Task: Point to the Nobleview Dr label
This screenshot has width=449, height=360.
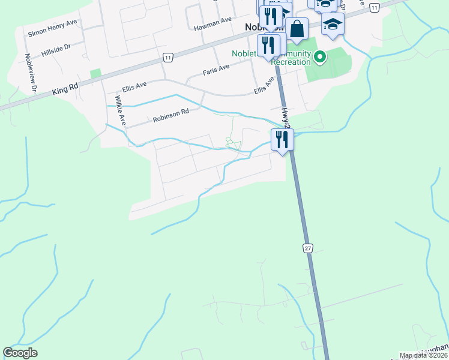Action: point(31,73)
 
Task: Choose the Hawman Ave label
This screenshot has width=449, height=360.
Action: point(212,20)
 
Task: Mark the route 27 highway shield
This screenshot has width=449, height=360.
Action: point(308,248)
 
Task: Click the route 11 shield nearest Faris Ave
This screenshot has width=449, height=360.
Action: point(167,57)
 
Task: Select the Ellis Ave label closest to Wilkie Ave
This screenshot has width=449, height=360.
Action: point(134,87)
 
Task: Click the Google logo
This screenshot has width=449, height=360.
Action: point(20,353)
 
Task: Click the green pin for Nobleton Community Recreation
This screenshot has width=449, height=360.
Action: point(320,58)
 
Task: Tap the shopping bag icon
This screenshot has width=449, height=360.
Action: point(297,28)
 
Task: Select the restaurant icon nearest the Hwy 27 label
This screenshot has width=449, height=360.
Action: point(282,139)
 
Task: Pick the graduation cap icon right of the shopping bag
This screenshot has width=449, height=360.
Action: point(332,25)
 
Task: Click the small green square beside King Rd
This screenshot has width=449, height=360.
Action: point(95,73)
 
